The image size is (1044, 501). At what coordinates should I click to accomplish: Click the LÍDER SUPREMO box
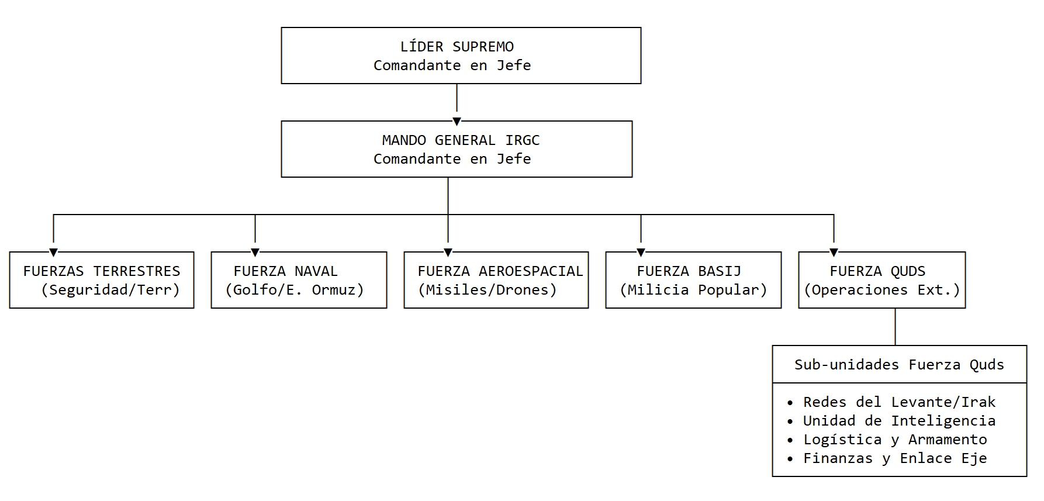pos(461,56)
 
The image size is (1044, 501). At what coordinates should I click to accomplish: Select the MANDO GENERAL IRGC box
pos(457,149)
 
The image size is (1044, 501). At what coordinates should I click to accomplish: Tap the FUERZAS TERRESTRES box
pos(102,280)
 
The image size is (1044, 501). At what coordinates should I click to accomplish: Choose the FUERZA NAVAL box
pos(299,280)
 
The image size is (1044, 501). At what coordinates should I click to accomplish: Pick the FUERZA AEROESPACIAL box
pos(496,280)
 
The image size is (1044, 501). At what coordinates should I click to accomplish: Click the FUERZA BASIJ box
pos(693,280)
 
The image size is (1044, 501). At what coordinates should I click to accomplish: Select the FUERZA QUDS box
pos(882,280)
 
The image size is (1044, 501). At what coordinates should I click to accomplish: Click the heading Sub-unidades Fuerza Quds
pos(899,365)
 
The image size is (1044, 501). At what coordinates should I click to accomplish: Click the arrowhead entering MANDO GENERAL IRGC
pos(457,122)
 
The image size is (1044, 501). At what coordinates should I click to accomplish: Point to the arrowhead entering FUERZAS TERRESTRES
pos(53,253)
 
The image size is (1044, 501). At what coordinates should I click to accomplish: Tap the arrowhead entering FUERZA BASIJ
pos(641,253)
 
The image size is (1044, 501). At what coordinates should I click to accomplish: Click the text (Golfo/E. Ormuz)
pos(295,290)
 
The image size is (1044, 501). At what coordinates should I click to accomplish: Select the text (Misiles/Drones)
pos(488,290)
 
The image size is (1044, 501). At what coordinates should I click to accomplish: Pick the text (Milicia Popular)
pos(693,290)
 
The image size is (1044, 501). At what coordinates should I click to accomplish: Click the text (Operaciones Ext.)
pos(882,290)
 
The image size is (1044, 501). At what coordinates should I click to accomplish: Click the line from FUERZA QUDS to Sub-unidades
pos(895,327)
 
